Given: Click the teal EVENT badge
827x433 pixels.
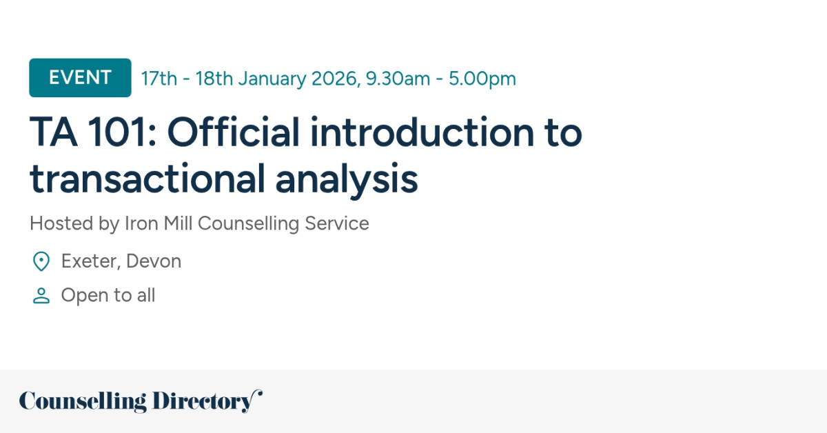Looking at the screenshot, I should [80, 78].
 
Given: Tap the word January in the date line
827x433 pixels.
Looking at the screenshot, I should [272, 79].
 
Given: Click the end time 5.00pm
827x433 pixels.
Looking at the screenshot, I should [482, 79].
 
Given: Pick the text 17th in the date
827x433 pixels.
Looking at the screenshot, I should [159, 79].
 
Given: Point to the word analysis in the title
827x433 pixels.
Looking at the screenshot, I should [347, 179].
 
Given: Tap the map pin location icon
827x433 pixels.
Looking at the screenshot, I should [41, 261].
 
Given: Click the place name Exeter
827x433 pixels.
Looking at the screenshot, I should [86, 261].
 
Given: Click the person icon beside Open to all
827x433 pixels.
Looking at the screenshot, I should [41, 296].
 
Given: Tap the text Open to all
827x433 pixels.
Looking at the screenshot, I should [108, 296].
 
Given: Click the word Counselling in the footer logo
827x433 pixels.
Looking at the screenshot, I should [83, 401].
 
